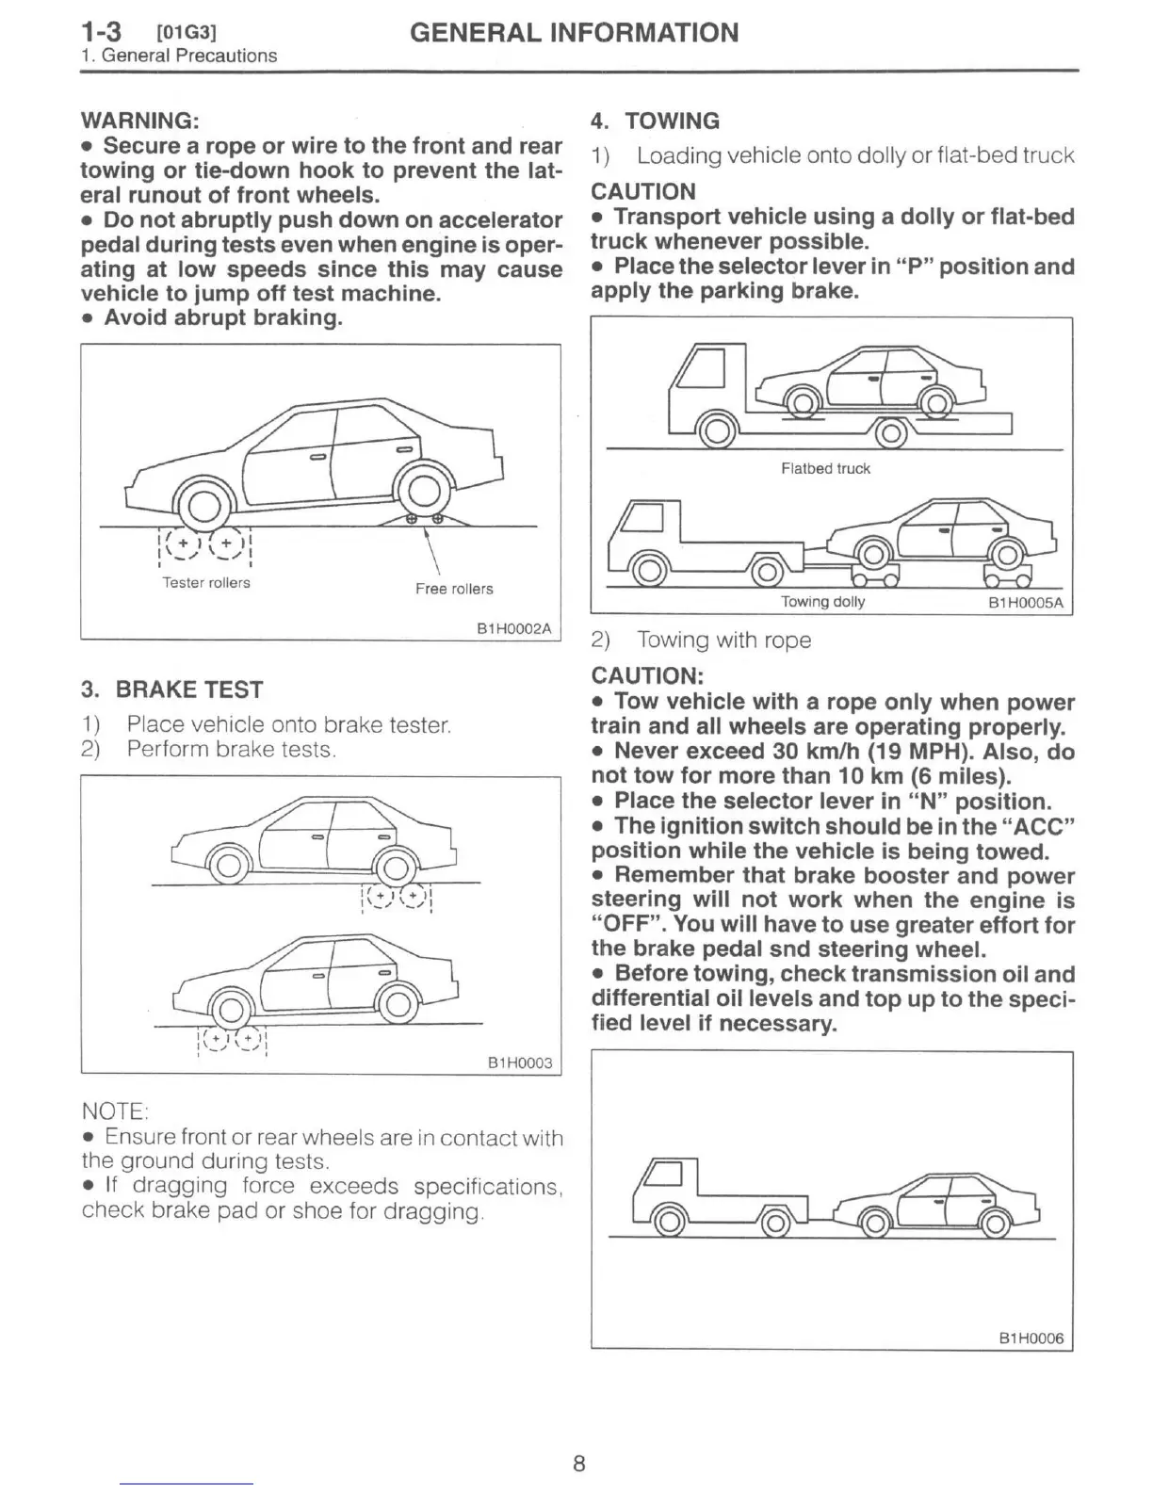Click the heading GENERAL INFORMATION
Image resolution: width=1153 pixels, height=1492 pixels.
(x=574, y=33)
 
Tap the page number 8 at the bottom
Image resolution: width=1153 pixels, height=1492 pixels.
(x=578, y=1463)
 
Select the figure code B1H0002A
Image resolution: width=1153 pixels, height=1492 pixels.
(x=514, y=628)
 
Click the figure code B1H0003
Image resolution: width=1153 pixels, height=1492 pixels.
(x=520, y=1062)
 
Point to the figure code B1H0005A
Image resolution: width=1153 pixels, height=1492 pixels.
(x=1025, y=603)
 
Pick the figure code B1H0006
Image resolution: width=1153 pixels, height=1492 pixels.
(x=1031, y=1338)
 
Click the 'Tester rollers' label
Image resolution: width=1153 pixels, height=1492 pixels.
(x=206, y=583)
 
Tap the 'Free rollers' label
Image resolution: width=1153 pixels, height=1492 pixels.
(x=454, y=589)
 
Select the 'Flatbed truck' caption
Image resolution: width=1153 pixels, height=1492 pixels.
(x=825, y=468)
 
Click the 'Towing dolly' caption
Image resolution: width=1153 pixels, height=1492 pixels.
(x=822, y=602)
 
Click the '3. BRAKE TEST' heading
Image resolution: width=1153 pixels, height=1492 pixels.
(x=172, y=689)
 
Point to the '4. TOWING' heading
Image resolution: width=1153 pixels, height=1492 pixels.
(x=655, y=121)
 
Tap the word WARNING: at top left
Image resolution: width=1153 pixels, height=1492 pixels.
(x=139, y=121)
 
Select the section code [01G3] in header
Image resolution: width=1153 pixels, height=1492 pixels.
(x=187, y=33)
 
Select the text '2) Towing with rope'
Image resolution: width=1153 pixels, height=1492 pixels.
(x=701, y=641)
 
